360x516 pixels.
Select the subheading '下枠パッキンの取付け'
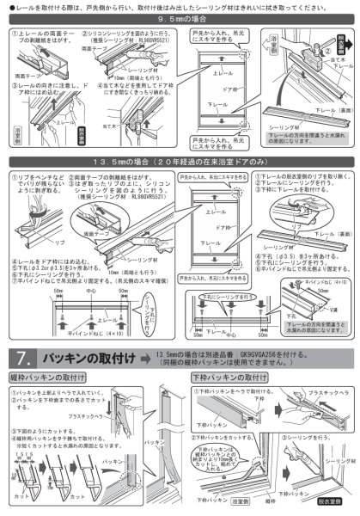[223, 377]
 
